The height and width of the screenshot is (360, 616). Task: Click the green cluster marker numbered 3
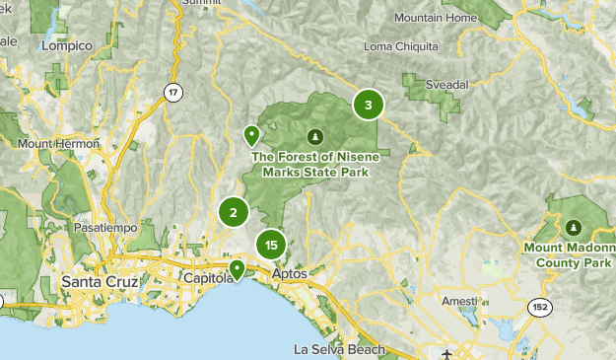click(368, 106)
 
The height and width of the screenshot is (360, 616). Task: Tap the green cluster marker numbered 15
click(271, 245)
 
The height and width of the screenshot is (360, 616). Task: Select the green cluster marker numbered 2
click(234, 212)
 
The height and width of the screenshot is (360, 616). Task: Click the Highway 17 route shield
click(173, 93)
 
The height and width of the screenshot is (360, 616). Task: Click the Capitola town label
click(209, 280)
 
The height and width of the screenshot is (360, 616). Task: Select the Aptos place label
click(290, 273)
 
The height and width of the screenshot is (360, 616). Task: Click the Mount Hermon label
click(58, 144)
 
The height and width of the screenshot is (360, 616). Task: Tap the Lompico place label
click(68, 46)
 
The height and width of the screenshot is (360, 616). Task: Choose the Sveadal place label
click(434, 86)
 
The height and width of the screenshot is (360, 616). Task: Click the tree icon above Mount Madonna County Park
click(576, 226)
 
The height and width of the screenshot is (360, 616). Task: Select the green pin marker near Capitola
click(237, 268)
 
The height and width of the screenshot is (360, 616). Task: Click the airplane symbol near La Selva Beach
click(448, 353)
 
